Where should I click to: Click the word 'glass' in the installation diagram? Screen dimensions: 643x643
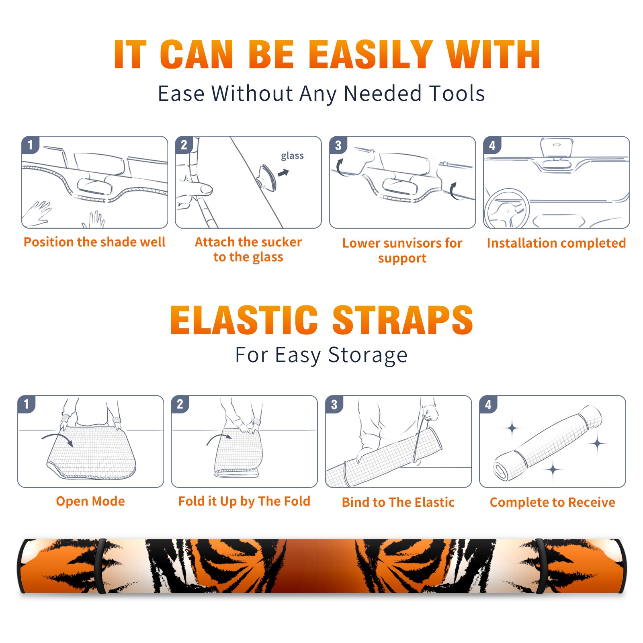[292, 156]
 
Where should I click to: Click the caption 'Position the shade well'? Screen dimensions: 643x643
[94, 242]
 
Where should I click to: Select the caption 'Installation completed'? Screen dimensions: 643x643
[556, 243]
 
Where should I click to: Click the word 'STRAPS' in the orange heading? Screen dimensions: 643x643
[403, 320]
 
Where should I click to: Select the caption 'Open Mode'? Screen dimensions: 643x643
[90, 501]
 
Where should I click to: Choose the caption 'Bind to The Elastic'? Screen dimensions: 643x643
[398, 502]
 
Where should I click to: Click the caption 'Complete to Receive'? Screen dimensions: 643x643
[553, 502]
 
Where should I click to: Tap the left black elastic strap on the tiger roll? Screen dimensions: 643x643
[100, 566]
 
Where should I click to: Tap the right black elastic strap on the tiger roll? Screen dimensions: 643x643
[541, 566]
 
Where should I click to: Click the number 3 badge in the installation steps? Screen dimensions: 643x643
[338, 145]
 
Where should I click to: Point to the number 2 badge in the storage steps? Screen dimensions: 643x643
[180, 404]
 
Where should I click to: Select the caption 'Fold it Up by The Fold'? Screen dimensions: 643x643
[244, 501]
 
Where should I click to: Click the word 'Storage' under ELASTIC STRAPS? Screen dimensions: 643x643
[368, 355]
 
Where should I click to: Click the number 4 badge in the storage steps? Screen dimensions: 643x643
[488, 404]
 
